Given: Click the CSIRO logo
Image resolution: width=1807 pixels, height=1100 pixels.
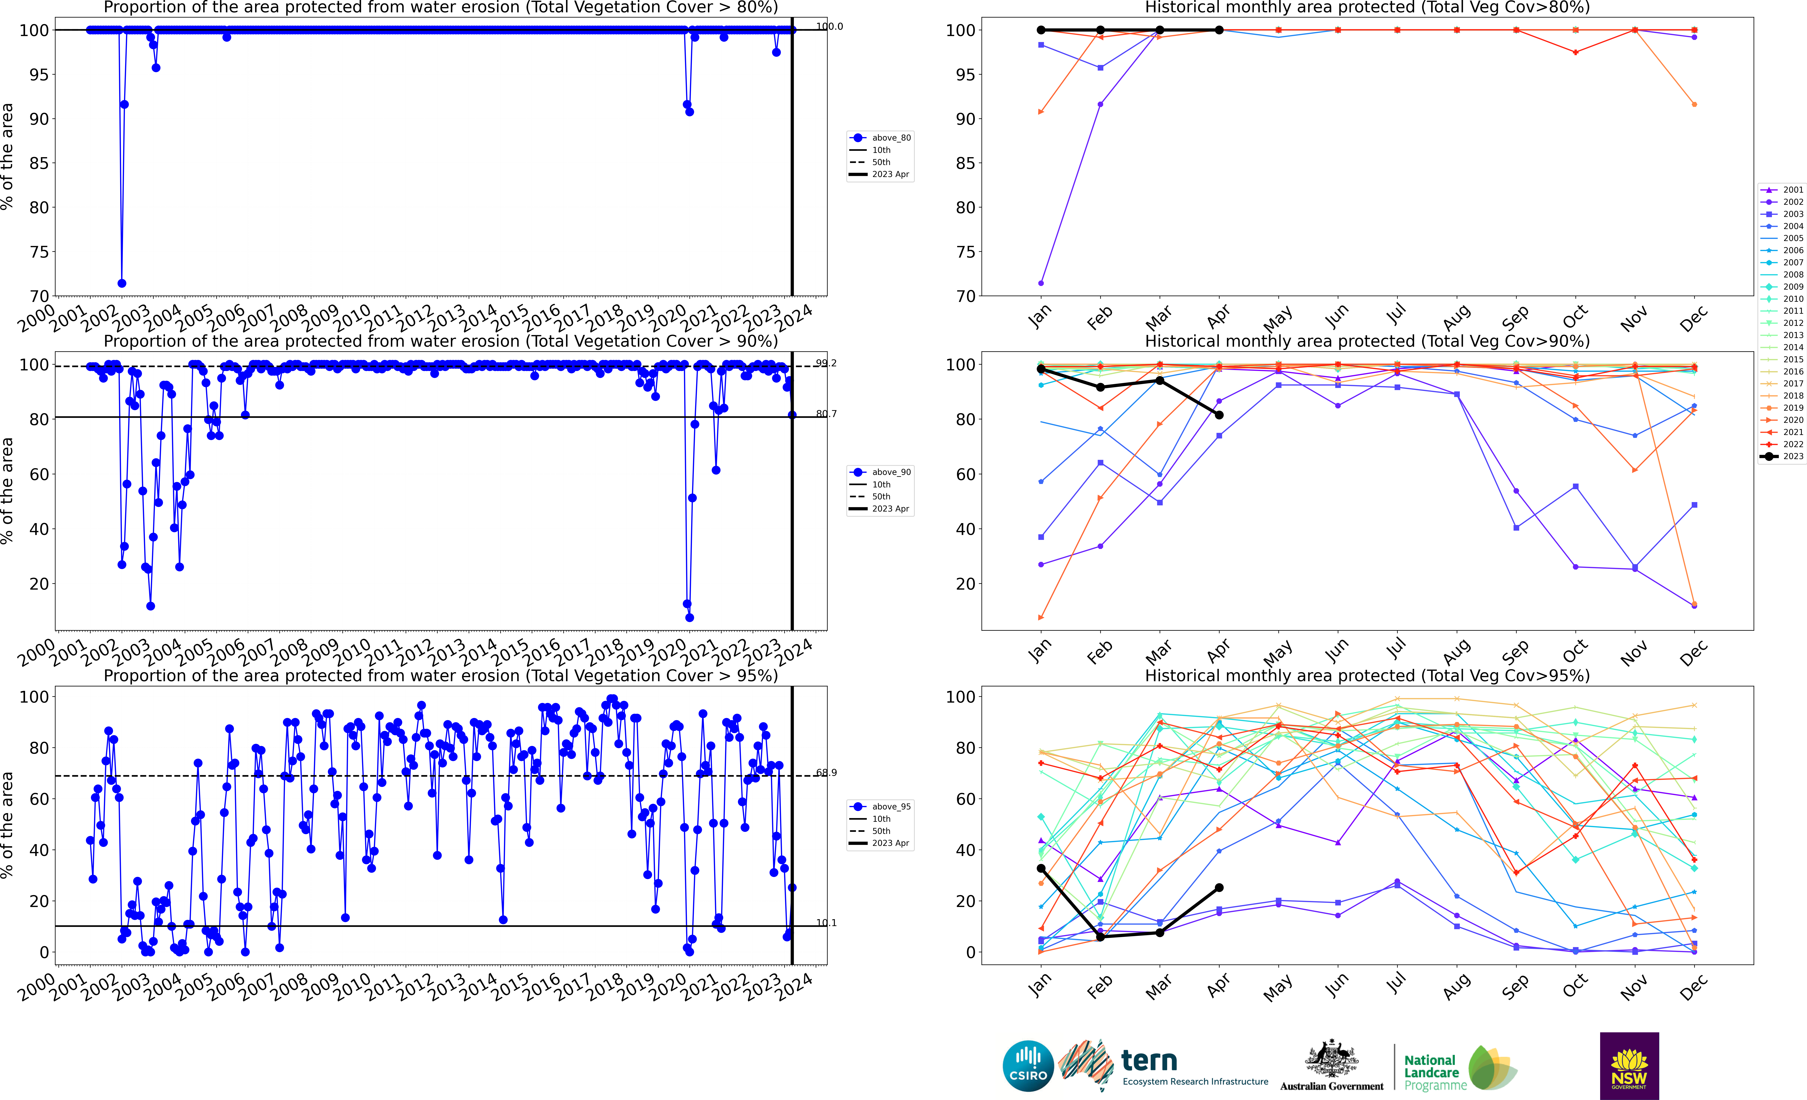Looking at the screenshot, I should point(1028,1065).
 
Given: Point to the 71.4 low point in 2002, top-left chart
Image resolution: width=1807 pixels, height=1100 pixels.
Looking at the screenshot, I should point(122,283).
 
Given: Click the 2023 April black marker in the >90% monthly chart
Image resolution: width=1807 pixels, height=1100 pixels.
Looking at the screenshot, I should point(1219,415).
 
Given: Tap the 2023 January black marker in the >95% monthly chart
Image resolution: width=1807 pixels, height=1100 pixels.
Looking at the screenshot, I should point(1041,868).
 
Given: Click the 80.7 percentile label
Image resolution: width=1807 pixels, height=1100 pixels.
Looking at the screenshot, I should point(826,414).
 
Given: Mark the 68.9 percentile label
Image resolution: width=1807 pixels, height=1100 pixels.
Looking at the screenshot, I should point(826,773).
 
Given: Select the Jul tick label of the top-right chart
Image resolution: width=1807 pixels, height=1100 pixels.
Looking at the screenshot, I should point(1396,315).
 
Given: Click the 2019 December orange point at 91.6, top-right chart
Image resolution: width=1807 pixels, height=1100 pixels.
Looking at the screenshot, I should point(1694,104).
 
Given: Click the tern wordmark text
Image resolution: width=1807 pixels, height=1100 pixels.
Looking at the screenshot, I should point(1149,1060).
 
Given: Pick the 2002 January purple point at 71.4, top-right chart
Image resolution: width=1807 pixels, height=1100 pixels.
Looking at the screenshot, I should point(1041,283).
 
